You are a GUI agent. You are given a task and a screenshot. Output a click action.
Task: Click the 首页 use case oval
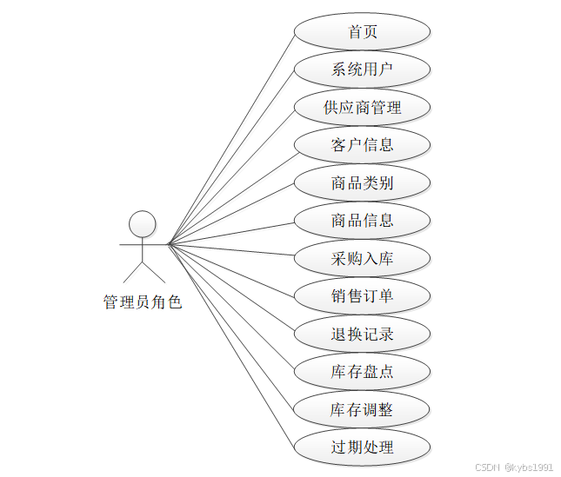tap(362, 32)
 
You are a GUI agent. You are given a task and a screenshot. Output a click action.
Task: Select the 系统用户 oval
tap(362, 70)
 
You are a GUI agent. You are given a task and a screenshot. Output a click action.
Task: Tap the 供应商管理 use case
tap(362, 108)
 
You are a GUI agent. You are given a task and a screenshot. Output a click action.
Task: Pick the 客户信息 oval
tap(362, 145)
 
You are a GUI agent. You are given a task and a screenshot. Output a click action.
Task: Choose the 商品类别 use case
tap(362, 183)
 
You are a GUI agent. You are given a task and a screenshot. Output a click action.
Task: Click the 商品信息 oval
tap(362, 221)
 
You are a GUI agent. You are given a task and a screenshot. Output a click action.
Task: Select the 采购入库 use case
tap(362, 259)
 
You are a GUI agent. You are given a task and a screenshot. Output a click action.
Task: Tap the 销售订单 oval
tap(362, 296)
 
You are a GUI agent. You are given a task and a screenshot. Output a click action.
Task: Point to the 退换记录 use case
tap(362, 334)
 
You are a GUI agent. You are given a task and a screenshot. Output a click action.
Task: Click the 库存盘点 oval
tap(362, 372)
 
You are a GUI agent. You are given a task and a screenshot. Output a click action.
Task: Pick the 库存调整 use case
tap(362, 409)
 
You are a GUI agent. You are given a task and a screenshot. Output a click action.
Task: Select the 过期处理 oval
tap(362, 447)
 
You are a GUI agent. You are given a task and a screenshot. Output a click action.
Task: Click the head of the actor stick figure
tap(143, 224)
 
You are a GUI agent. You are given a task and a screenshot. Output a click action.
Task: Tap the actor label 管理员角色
tap(143, 302)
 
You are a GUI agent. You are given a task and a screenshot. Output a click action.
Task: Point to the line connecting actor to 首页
tap(230, 137)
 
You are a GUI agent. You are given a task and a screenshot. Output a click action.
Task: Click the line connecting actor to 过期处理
tap(230, 346)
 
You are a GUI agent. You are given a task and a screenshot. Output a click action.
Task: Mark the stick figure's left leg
tap(133, 273)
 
